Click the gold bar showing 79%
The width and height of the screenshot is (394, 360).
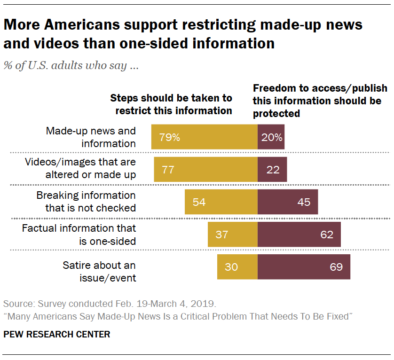pos(204,137)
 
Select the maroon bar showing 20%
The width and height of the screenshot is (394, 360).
pos(271,137)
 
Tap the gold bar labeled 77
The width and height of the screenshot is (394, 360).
pos(205,170)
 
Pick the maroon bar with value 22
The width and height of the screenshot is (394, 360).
pos(272,170)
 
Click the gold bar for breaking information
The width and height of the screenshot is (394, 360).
pos(221,202)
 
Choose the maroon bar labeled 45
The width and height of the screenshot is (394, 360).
pos(288,202)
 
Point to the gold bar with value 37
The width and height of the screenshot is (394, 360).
pos(233,235)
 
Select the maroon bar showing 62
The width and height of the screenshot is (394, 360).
pos(299,235)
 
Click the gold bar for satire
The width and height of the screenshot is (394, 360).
pos(237,267)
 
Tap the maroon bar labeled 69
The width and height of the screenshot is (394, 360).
pos(304,267)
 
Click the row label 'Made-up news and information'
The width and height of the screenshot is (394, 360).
pos(91,137)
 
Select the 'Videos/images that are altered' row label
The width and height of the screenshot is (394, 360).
pos(80,169)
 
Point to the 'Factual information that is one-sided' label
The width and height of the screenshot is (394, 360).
pos(79,235)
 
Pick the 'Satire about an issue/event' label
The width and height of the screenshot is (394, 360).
pos(99,272)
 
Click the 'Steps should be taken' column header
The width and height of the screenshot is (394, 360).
pos(171,104)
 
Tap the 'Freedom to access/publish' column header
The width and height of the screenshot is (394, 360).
pos(320,100)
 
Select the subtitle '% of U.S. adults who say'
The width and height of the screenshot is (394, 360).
pos(71,65)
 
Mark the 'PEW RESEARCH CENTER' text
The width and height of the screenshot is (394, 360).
pos(56,335)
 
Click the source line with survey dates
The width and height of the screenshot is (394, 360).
pos(110,303)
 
